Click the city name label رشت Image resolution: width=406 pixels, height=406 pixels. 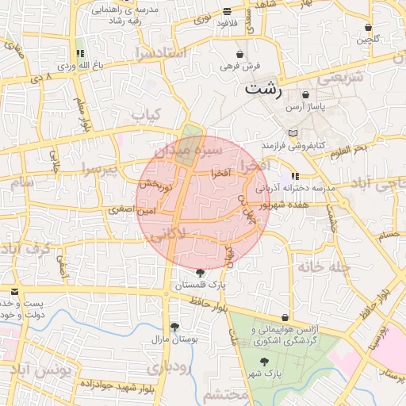pyautogui.click(x=262, y=88)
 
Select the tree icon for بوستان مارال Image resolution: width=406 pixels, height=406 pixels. pyautogui.click(x=174, y=326)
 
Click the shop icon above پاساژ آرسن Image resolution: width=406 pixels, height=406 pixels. pyautogui.click(x=305, y=94)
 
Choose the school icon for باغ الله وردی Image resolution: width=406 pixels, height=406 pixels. pyautogui.click(x=81, y=54)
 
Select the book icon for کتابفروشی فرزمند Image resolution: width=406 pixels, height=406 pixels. pyautogui.click(x=293, y=133)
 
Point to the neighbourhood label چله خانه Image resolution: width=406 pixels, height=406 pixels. pyautogui.click(x=324, y=266)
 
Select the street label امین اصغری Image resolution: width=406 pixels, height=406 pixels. pyautogui.click(x=135, y=211)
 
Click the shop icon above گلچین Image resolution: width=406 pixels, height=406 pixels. pyautogui.click(x=371, y=28)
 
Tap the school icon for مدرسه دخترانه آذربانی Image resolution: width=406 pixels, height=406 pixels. pyautogui.click(x=295, y=176)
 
